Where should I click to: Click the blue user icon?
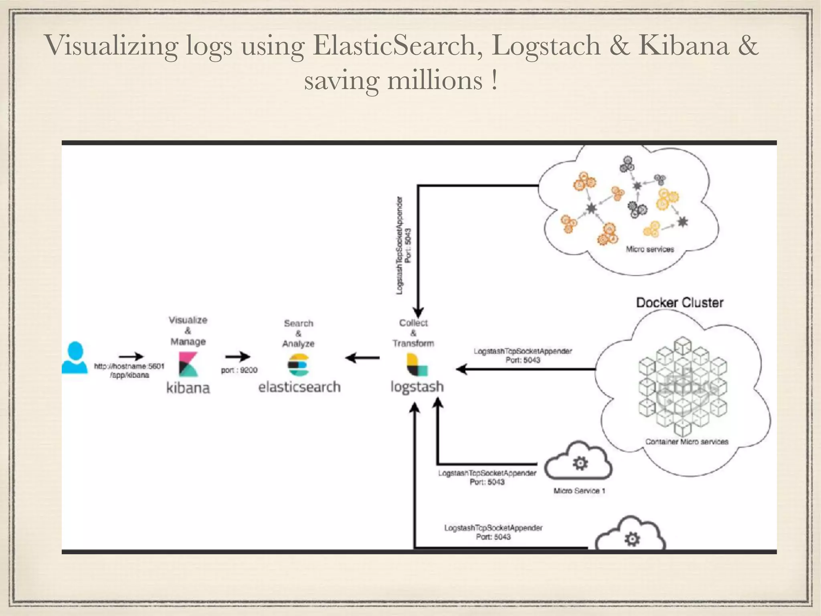point(75,357)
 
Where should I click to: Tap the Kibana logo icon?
point(188,364)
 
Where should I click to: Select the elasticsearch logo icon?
point(299,365)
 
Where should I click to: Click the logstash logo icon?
point(417,365)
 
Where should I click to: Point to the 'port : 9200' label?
point(239,370)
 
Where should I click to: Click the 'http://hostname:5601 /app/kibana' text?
point(129,371)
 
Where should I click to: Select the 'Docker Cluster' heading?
point(679,303)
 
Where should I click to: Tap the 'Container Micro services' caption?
point(686,442)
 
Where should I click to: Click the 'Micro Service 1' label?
point(579,491)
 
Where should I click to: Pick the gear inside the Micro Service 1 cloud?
point(580,463)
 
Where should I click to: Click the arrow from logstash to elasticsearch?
point(362,357)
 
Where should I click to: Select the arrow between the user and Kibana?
point(131,356)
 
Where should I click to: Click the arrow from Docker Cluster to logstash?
point(525,369)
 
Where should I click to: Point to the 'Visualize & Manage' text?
point(188,331)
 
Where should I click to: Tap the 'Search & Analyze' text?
point(299,333)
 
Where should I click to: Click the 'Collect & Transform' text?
point(413,333)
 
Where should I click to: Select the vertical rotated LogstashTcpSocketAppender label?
point(403,245)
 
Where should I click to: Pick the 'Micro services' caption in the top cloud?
point(650,249)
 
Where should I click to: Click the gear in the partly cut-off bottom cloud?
point(632,539)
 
